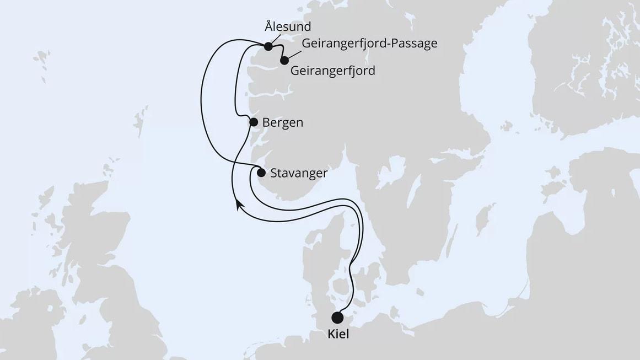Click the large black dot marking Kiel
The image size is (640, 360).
tap(337, 318)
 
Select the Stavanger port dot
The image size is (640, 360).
tap(261, 173)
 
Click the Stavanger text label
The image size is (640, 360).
tap(299, 173)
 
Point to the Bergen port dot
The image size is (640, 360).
tap(254, 122)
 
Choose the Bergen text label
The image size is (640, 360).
tap(283, 122)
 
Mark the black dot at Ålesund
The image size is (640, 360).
tap(268, 46)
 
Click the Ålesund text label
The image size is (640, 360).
tap(288, 26)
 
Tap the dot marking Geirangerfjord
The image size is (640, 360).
tap(284, 61)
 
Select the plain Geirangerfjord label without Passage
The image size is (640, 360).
tap(332, 71)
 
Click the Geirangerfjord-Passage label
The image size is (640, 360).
tap(369, 44)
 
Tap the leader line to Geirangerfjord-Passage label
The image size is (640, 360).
tap(293, 55)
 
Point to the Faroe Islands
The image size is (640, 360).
tap(42, 58)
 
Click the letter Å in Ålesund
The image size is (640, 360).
tap(268, 26)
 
